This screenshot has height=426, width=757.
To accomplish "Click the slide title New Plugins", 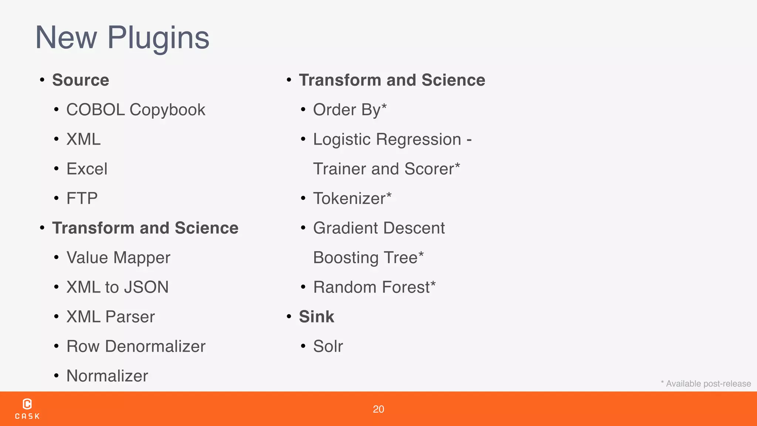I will click(122, 38).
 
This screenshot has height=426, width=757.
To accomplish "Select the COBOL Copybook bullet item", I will click(136, 110).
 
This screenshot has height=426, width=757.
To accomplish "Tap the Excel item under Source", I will click(87, 169).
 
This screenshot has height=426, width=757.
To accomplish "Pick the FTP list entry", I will click(82, 199).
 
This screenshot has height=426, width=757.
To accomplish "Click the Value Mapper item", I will click(118, 258).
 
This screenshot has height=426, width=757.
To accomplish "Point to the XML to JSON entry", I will click(118, 287).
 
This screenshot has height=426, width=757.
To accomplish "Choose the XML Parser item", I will click(111, 317).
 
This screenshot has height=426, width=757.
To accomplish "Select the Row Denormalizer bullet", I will click(136, 346).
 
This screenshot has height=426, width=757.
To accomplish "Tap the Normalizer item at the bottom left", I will click(107, 376).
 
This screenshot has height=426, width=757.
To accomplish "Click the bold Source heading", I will click(81, 80).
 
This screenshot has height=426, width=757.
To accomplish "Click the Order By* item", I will click(350, 110).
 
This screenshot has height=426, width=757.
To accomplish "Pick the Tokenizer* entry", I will click(352, 199).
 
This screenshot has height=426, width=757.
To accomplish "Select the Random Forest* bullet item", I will click(374, 287).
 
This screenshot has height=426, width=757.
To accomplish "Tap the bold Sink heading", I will click(316, 317).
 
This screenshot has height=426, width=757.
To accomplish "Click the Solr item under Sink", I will click(328, 346).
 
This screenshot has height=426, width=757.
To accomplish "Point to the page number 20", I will click(378, 409).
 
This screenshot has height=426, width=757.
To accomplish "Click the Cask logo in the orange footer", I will click(27, 409).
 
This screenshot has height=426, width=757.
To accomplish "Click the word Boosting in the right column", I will click(346, 258).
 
